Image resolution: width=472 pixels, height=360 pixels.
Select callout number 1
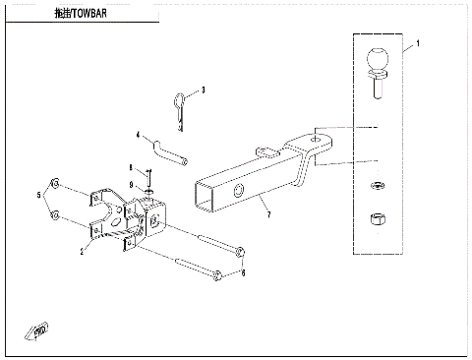click(x=419, y=45)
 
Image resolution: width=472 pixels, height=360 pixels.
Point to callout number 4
click(x=138, y=135)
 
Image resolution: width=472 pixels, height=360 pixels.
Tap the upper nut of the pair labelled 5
click(x=57, y=184)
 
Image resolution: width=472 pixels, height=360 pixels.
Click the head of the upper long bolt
click(x=238, y=252)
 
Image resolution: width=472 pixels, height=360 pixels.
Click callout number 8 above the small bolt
click(x=131, y=167)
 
